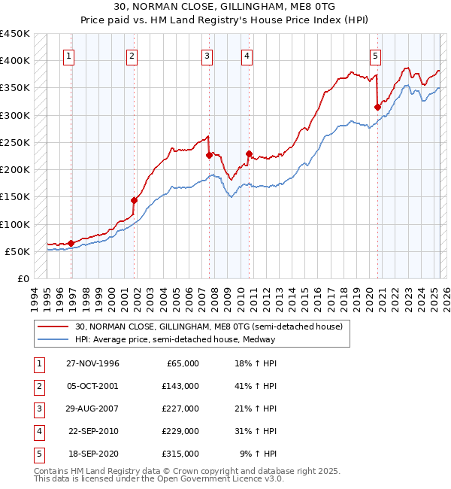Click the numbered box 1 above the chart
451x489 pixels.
pos(69,55)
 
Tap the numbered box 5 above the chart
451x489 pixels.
pos(375,55)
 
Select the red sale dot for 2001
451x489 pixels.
pos(134,200)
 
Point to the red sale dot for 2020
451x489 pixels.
pos(377,107)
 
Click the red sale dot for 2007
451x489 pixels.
pos(209,155)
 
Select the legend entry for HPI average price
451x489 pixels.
pos(175,339)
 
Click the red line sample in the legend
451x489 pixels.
pos(53,327)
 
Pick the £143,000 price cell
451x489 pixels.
pos(181,386)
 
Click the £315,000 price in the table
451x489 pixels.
pos(181,454)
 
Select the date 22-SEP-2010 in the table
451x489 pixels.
pos(92,431)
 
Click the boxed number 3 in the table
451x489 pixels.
pos(38,409)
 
